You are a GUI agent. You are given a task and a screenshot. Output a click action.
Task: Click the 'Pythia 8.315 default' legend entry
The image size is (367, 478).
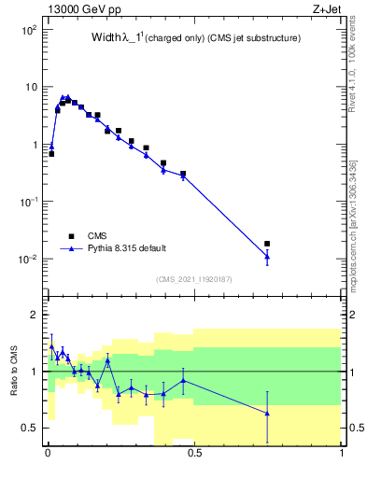(x=133, y=249)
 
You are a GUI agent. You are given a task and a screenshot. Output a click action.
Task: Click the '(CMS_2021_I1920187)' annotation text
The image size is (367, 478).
(x=193, y=278)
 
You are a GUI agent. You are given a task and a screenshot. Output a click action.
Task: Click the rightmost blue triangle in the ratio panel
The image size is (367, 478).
(x=267, y=413)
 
